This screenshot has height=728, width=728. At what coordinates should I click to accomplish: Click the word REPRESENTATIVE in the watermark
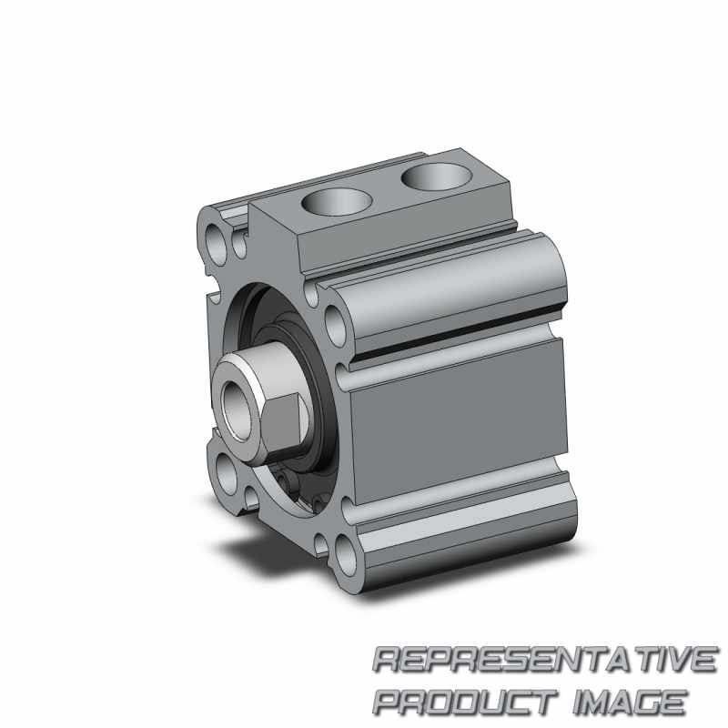click(x=544, y=660)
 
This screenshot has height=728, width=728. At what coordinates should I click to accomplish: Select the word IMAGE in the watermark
click(x=629, y=703)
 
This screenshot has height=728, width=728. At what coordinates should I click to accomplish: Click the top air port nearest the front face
click(x=337, y=202)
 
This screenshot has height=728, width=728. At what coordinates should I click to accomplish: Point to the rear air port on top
click(x=437, y=176)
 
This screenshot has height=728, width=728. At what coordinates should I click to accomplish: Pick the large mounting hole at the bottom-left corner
click(x=225, y=474)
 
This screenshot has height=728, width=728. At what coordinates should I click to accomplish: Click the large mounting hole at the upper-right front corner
click(x=334, y=323)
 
